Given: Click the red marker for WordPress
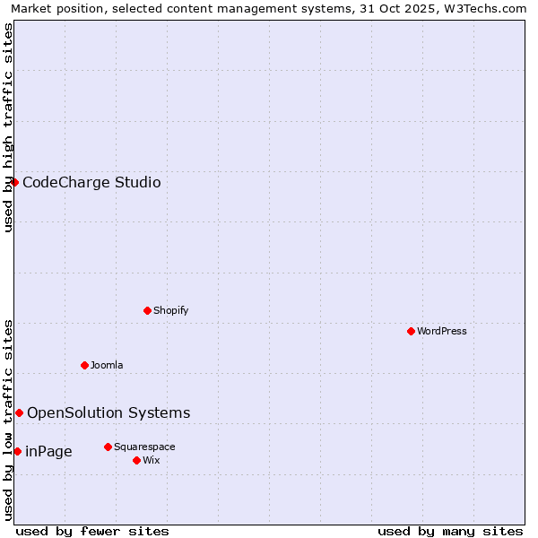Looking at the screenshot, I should coord(411,331).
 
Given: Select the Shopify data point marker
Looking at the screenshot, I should coord(147,310).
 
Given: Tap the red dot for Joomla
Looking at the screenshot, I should coord(84,365).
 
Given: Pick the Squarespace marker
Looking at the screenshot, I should coord(108,447).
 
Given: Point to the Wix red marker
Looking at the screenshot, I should coord(136,460).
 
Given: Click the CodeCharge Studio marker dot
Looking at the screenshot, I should coord(14,182).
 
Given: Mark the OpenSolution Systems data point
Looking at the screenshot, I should coord(19,412).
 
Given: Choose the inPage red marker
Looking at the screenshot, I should coord(17,451).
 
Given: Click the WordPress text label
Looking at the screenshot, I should coord(442,331).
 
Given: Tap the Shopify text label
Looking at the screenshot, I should coord(170,310).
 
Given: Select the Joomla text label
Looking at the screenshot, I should coord(107,365).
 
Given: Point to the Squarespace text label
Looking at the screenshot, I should coord(144,447).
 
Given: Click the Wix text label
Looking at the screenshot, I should coord(152,460).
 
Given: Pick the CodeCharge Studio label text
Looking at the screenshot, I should coord(91,183).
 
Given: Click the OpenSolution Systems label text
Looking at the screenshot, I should coord(108,412).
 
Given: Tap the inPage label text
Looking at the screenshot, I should coord(48,452).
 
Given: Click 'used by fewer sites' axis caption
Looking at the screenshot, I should coord(92,531).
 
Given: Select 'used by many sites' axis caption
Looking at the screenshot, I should coord(450,531).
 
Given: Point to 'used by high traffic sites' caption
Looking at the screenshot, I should coord(8,127).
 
